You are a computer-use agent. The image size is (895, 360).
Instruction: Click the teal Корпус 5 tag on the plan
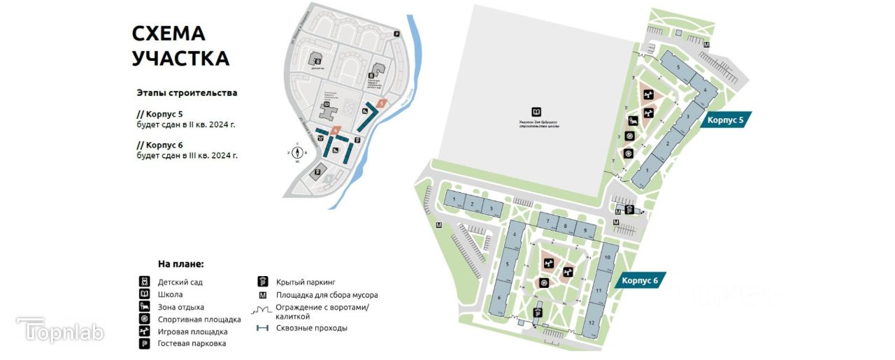(x=726, y=120)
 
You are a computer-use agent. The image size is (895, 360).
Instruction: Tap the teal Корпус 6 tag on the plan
(x=636, y=280)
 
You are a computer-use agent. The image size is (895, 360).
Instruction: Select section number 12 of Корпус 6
(x=592, y=322)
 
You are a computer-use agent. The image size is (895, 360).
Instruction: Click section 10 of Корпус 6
(x=608, y=258)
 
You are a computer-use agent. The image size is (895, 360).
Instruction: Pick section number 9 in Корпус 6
(x=585, y=230)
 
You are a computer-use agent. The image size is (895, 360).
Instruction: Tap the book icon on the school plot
(x=536, y=112)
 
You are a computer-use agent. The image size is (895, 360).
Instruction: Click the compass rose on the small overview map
(x=297, y=151)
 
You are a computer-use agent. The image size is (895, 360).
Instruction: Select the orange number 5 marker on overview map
(x=381, y=103)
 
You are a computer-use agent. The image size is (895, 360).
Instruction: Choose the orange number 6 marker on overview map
(x=336, y=130)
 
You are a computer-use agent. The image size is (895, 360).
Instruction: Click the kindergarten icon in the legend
(x=144, y=282)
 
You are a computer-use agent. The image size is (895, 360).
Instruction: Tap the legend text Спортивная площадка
(x=189, y=319)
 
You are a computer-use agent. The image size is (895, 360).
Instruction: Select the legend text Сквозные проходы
(x=311, y=328)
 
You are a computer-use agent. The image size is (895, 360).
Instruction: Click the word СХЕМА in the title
(x=169, y=33)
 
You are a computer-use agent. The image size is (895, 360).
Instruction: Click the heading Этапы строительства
(x=187, y=92)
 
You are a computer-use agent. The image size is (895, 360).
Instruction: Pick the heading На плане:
(x=180, y=264)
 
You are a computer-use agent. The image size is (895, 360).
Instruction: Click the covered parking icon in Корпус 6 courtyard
(x=537, y=313)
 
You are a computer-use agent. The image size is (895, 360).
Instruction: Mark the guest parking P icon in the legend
(x=144, y=344)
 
